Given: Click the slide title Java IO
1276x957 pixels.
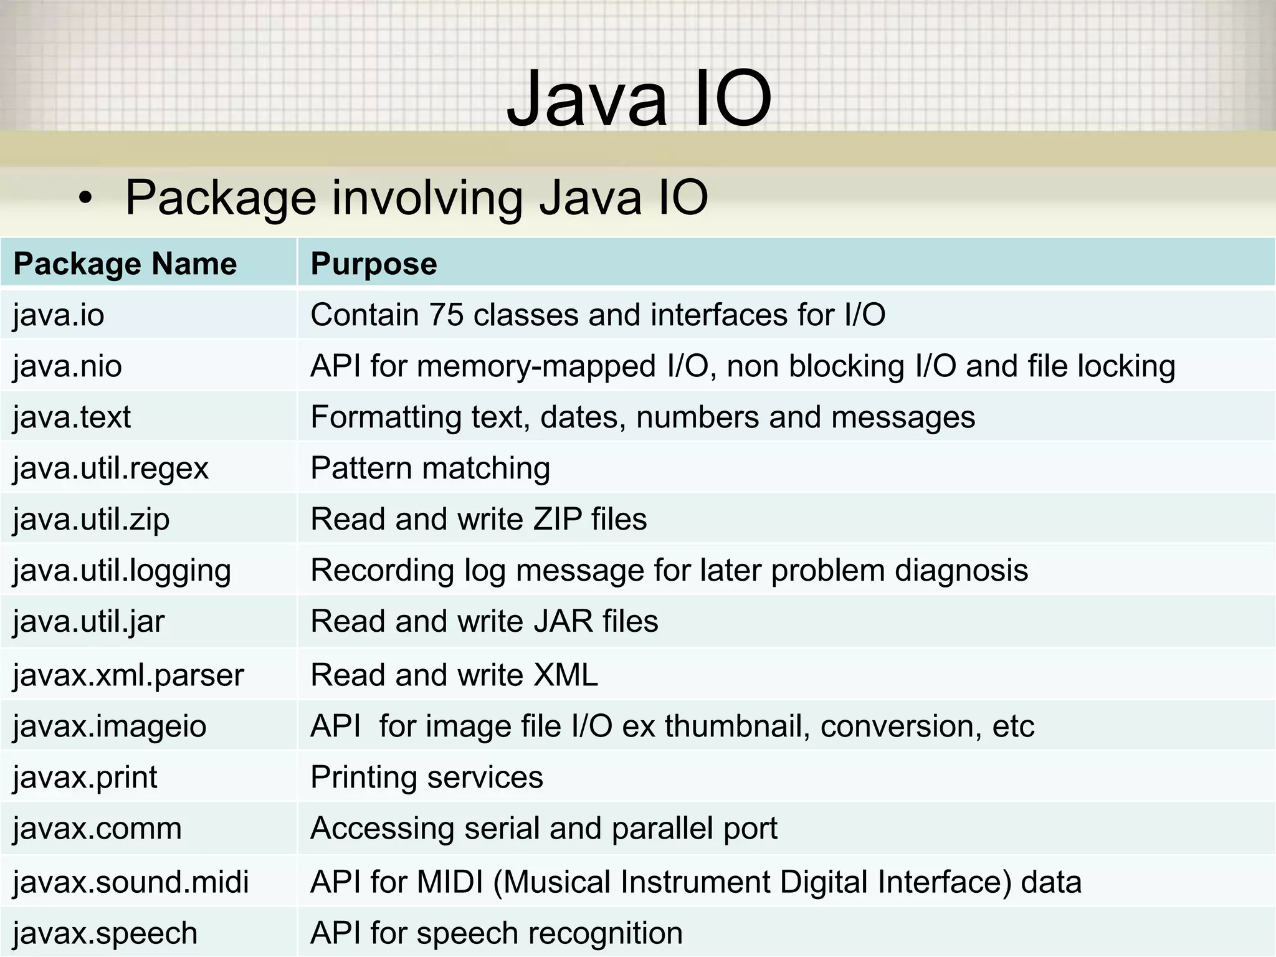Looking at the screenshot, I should pyautogui.click(x=639, y=98).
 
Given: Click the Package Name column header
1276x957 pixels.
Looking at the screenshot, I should pyautogui.click(x=125, y=264).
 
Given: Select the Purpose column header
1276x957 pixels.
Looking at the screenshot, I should pyautogui.click(x=374, y=264).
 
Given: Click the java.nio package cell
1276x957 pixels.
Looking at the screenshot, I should pyautogui.click(x=67, y=366).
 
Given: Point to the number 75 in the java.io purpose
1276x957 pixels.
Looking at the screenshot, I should pyautogui.click(x=445, y=315).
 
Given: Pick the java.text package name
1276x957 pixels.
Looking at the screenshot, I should pyautogui.click(x=72, y=417).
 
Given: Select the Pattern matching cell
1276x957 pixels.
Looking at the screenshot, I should pyautogui.click(x=430, y=469).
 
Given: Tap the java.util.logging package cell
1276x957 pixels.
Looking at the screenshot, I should pyautogui.click(x=122, y=571).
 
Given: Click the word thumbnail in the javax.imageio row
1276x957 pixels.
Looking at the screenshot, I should pyautogui.click(x=737, y=726).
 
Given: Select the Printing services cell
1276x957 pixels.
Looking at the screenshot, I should pyautogui.click(x=427, y=778).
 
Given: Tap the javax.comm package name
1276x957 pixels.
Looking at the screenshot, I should pyautogui.click(x=97, y=829).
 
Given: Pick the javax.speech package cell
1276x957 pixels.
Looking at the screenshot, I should pyautogui.click(x=105, y=933).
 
